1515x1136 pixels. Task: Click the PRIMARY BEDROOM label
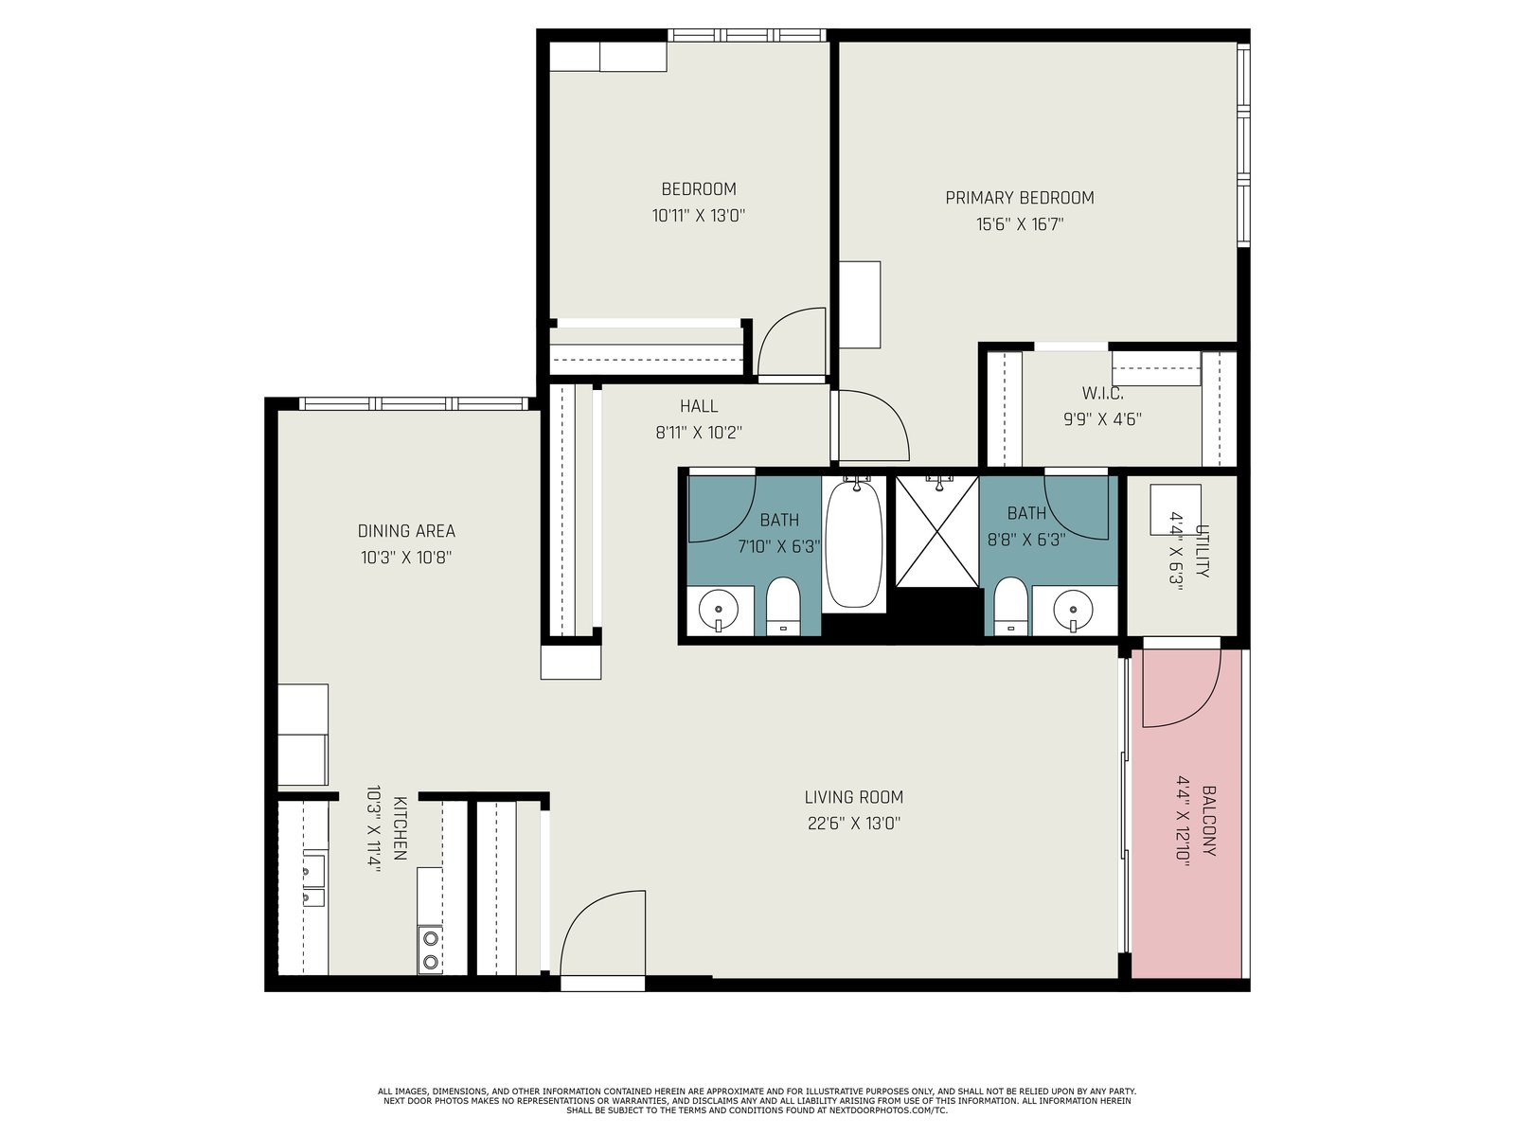[1019, 198]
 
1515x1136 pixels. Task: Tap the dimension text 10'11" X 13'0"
[699, 216]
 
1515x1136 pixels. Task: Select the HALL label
[699, 406]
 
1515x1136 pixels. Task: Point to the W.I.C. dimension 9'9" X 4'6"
[1102, 419]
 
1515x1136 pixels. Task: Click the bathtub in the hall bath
[854, 544]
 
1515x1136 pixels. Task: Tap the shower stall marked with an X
[936, 531]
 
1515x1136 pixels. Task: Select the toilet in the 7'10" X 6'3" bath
[783, 605]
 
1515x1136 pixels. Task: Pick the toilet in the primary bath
[1011, 605]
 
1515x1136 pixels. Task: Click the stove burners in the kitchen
[431, 950]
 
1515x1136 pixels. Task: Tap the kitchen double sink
[313, 880]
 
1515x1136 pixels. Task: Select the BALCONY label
[1208, 821]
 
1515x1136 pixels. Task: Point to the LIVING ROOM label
[854, 797]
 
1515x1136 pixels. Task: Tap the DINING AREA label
[406, 531]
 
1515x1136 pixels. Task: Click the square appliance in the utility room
[1175, 509]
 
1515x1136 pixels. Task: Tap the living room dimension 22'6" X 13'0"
[854, 824]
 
